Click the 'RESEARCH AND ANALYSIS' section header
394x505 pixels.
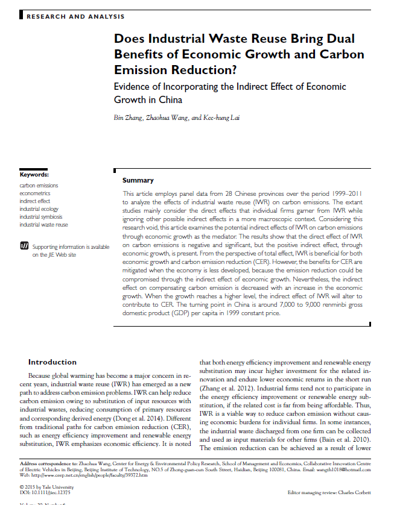tap(75, 16)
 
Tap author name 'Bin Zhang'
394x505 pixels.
tap(128, 117)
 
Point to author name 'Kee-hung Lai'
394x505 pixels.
tap(224, 117)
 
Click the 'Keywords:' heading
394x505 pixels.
tap(34, 175)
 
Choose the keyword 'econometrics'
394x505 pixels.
tap(35, 193)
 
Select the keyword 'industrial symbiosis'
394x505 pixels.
tap(40, 217)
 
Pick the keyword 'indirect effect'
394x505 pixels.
tap(35, 201)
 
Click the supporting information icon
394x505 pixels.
tap(24, 246)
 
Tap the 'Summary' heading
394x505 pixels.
tap(138, 180)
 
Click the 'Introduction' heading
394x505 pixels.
tap(52, 362)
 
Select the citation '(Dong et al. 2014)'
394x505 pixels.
tap(134, 416)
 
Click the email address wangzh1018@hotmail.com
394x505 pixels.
tap(345, 469)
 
